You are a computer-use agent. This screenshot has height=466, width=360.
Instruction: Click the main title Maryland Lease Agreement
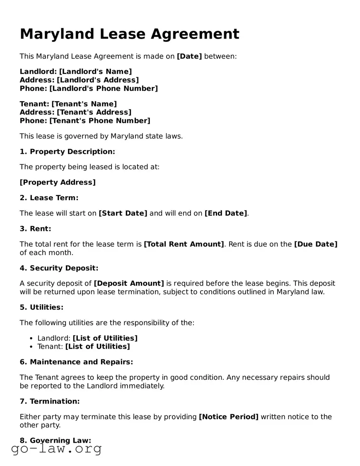(129, 34)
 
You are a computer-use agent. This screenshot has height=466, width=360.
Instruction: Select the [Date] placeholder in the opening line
(189, 56)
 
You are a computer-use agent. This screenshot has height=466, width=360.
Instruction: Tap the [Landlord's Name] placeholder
(95, 72)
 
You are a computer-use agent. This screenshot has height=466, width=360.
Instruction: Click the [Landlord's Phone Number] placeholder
(104, 88)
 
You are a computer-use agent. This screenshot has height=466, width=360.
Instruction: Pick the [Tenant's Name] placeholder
(84, 104)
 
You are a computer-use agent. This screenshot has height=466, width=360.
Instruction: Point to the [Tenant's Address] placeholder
(94, 112)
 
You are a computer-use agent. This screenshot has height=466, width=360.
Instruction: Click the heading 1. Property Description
(67, 152)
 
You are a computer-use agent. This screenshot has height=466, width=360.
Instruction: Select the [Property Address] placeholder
(58, 182)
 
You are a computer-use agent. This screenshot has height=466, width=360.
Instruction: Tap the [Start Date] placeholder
(123, 213)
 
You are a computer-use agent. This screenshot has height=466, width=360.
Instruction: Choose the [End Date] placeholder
(226, 213)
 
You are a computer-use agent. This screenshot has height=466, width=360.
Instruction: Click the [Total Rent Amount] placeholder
(184, 244)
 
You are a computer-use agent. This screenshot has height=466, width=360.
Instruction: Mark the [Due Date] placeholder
(316, 244)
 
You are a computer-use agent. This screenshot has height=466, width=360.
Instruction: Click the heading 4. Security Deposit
(59, 268)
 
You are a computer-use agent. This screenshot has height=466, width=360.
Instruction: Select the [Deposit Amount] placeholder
(129, 284)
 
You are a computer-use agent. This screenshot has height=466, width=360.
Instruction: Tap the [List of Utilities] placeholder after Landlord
(105, 338)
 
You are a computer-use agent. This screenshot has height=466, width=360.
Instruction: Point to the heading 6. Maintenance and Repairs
(76, 362)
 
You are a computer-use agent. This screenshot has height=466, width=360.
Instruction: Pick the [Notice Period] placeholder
(229, 417)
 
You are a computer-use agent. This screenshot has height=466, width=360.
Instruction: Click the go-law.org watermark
(56, 449)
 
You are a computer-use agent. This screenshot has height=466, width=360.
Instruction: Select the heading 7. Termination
(49, 401)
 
